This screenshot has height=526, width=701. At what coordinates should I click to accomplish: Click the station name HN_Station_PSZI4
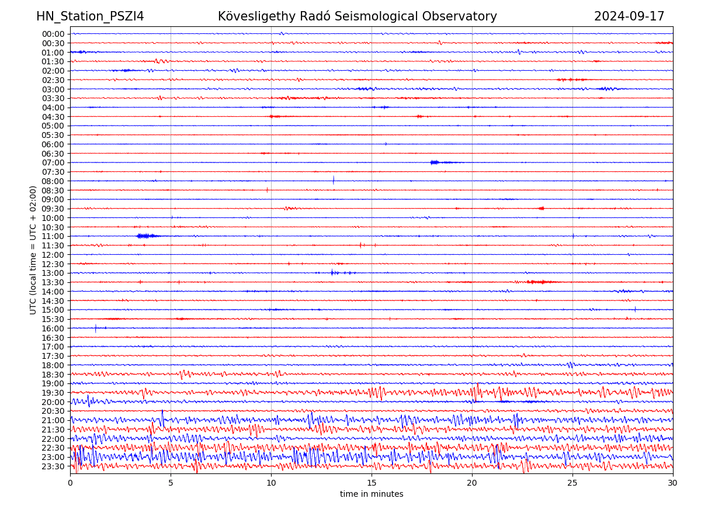pyautogui.click(x=90, y=16)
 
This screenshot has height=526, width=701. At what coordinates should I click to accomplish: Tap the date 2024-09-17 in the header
pyautogui.click(x=629, y=16)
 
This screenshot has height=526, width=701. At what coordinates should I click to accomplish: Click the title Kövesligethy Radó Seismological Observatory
pyautogui.click(x=357, y=16)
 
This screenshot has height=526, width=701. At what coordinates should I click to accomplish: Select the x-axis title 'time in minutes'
pyautogui.click(x=372, y=494)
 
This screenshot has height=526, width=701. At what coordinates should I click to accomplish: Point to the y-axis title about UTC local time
pyautogui.click(x=33, y=250)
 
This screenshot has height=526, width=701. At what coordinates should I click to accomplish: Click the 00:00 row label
pyautogui.click(x=53, y=34)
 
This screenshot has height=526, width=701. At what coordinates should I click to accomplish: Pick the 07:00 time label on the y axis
pyautogui.click(x=53, y=162)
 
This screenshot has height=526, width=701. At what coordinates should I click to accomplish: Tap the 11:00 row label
pyautogui.click(x=53, y=236)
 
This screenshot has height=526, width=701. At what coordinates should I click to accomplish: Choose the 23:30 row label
pyautogui.click(x=53, y=466)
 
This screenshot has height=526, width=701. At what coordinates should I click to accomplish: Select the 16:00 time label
pyautogui.click(x=53, y=328)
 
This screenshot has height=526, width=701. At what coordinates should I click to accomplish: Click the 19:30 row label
pyautogui.click(x=53, y=392)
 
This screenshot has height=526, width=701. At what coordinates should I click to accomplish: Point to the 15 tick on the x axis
pyautogui.click(x=372, y=483)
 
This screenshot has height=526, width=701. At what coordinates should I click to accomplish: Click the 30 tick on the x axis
pyautogui.click(x=673, y=483)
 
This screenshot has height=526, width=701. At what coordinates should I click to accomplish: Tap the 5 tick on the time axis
pyautogui.click(x=171, y=483)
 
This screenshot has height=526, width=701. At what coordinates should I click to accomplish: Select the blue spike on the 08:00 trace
pyautogui.click(x=334, y=180)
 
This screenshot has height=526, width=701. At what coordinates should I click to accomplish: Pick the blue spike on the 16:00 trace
pyautogui.click(x=96, y=328)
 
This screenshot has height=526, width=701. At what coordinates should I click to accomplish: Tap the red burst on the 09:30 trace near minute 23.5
pyautogui.click(x=542, y=208)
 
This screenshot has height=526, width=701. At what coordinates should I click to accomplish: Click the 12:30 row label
pyautogui.click(x=53, y=264)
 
